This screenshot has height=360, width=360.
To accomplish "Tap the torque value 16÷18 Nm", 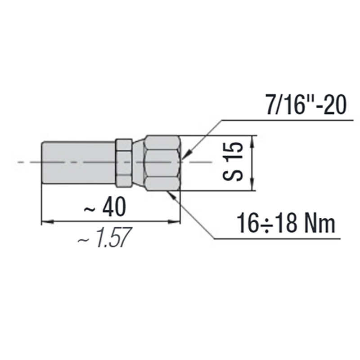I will [286, 224].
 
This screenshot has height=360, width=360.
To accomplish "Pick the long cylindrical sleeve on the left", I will [78, 162].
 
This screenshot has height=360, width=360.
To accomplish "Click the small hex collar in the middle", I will [124, 162].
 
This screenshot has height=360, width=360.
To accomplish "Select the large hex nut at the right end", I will [163, 162].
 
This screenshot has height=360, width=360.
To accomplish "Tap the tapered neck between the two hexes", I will [138, 162].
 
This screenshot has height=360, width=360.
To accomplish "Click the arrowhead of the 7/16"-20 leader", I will [186, 155].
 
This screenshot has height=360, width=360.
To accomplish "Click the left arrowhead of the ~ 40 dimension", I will [45, 221].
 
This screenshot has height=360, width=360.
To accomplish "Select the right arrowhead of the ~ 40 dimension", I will [176, 221].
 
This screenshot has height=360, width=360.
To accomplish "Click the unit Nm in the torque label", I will [320, 224].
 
